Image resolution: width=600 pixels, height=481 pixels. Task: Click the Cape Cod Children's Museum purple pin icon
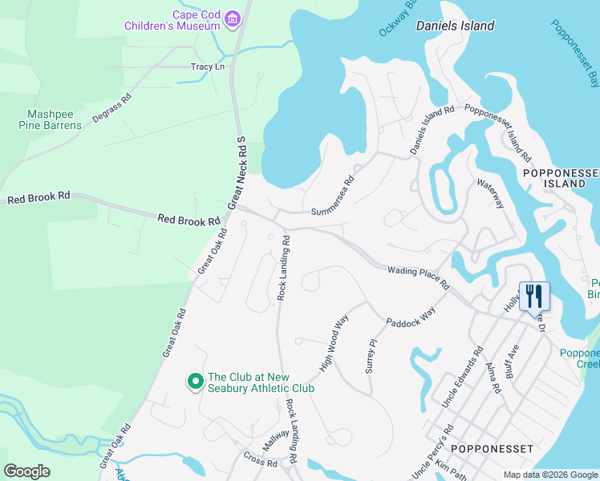pyautogui.click(x=233, y=18)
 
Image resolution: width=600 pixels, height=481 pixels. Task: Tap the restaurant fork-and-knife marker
pyautogui.click(x=533, y=296)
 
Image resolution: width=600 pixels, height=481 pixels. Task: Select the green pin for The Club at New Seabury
pyautogui.click(x=194, y=382)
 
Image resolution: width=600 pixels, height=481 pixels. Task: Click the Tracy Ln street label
pyautogui.click(x=207, y=67)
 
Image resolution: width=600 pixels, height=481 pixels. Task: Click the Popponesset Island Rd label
pyautogui.click(x=498, y=132)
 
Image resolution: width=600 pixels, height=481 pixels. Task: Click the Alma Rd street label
pyautogui.click(x=493, y=378)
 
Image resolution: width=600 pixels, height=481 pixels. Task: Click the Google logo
pyautogui.click(x=27, y=471)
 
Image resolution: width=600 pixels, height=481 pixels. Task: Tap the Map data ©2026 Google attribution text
pyautogui.click(x=549, y=475)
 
